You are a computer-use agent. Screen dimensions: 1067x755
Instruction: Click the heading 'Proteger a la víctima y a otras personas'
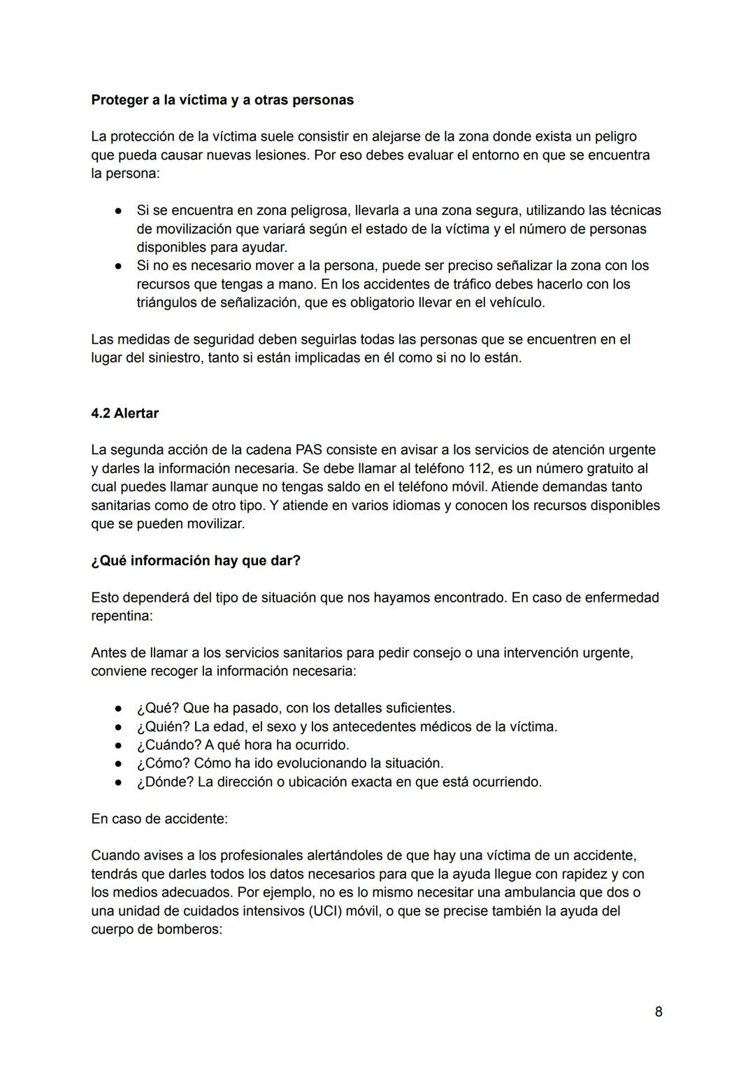click(x=222, y=100)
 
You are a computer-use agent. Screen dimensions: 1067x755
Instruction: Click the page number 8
click(x=659, y=1012)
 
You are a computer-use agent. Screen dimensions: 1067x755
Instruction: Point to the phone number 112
click(x=479, y=468)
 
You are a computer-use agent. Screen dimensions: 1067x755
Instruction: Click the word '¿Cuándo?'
click(x=168, y=744)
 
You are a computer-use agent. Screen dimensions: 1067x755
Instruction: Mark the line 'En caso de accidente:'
click(x=159, y=818)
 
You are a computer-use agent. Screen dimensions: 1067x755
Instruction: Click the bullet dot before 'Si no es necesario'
click(x=120, y=266)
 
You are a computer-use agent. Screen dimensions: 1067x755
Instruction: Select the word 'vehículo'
click(x=516, y=302)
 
